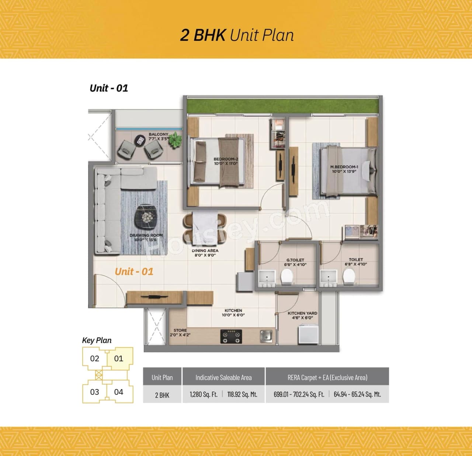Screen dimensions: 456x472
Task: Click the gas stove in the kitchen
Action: [231, 336]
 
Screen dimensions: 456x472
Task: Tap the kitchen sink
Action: [266, 336]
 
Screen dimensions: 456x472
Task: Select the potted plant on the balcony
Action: [176, 140]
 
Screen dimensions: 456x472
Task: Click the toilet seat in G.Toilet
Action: [287, 276]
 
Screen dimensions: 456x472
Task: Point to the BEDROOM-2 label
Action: [226, 161]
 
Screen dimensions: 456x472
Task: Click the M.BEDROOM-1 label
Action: [344, 169]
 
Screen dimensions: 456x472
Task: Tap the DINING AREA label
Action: [205, 253]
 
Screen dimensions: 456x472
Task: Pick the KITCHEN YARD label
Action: [302, 315]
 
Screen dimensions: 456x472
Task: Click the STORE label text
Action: [180, 330]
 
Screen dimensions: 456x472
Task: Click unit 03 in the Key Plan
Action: [94, 392]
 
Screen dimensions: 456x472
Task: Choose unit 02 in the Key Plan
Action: [94, 358]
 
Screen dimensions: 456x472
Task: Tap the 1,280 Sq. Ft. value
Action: [204, 394]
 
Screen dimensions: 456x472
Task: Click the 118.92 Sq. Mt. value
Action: [242, 394]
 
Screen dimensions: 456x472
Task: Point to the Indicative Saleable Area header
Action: [223, 378]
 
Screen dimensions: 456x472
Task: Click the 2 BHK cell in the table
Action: [162, 395]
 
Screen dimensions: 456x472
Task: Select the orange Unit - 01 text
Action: [134, 272]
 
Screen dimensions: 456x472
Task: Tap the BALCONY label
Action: [158, 134]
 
